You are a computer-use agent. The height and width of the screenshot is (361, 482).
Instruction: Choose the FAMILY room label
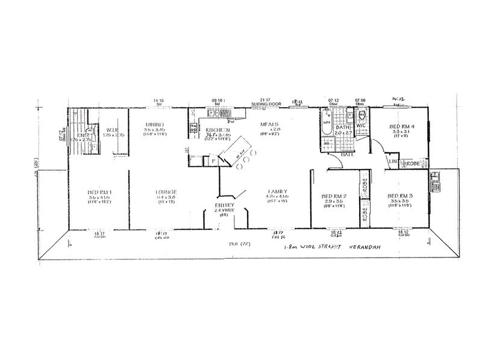pos(277,191)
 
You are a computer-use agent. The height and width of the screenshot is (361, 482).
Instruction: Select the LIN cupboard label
pos(393,162)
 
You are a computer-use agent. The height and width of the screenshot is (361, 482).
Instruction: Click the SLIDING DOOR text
pos(266,104)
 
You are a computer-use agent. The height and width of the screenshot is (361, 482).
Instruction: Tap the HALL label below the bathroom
pos(347,155)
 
